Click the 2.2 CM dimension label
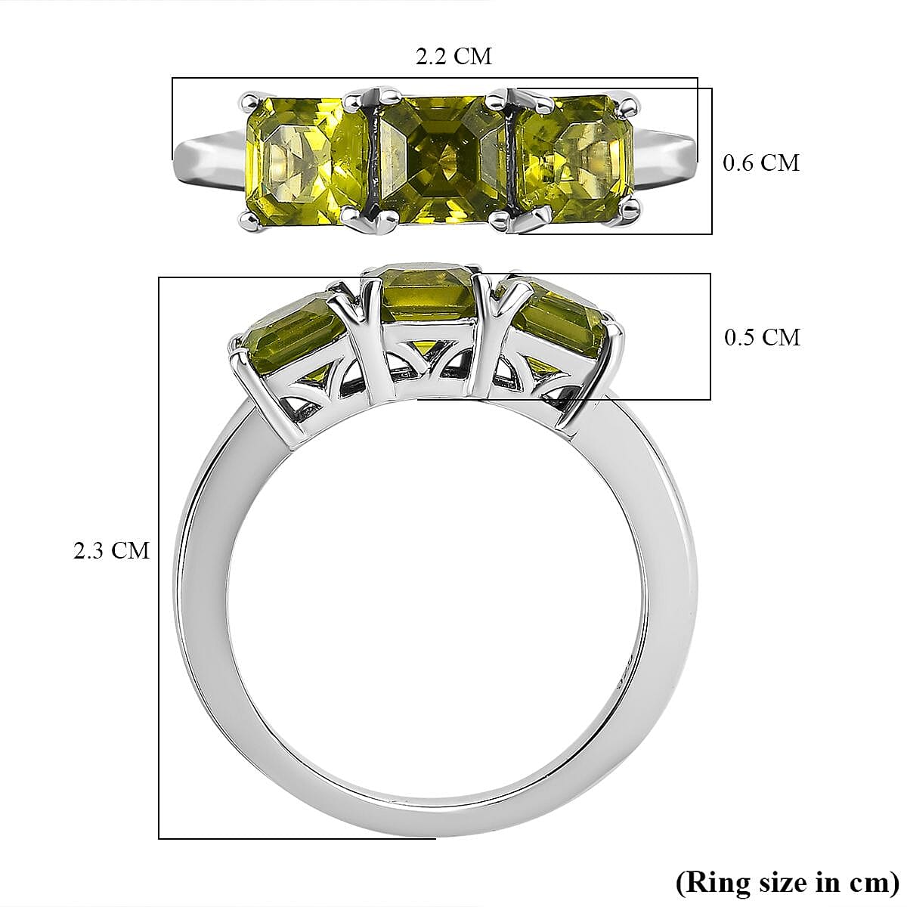click(453, 56)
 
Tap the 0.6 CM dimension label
click(760, 163)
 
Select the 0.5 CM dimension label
click(761, 336)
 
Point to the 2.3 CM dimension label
click(111, 550)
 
